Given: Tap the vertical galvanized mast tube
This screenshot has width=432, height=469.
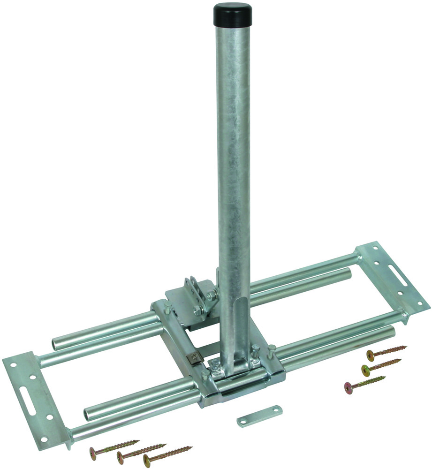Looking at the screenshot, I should (x=233, y=164).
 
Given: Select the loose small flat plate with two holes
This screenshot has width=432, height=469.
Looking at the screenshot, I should (x=259, y=416).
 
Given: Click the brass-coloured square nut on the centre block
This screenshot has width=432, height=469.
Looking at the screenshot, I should (x=193, y=359).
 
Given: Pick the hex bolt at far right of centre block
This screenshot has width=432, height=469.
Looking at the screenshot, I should (x=271, y=349).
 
